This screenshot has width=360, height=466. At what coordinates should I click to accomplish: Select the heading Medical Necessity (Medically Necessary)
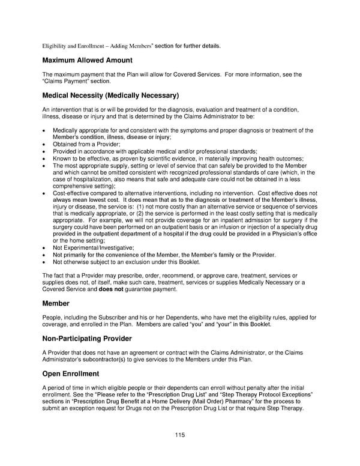(x=111, y=95)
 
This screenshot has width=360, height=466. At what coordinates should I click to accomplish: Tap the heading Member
(x=56, y=304)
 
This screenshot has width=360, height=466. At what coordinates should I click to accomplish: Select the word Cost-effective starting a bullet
(x=72, y=193)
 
